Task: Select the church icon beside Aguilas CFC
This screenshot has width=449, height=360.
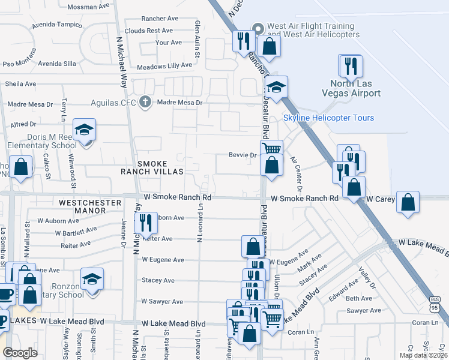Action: tap(144, 102)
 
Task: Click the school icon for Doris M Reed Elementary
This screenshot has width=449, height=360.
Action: tap(85, 129)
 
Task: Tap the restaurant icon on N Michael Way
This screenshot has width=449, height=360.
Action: tap(146, 223)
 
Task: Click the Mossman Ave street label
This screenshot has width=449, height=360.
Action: tap(89, 7)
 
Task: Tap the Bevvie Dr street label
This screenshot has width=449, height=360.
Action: tap(243, 155)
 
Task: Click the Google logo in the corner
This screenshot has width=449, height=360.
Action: tap(20, 353)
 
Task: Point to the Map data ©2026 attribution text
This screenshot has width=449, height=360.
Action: tap(424, 355)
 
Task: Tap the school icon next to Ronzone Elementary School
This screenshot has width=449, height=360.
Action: tap(92, 279)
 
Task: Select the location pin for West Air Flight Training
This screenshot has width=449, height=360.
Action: tap(259, 28)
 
